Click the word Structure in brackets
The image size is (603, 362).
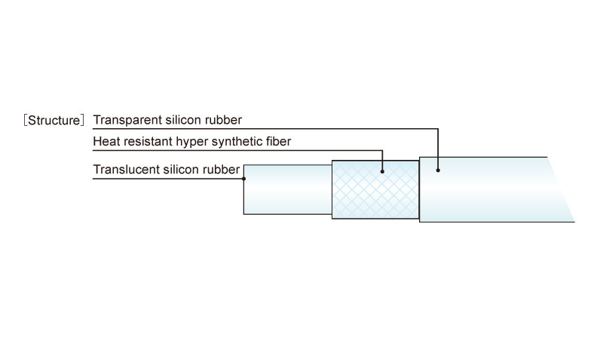click(x=54, y=121)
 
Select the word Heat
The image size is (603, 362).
click(x=105, y=141)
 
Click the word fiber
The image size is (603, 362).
click(x=278, y=141)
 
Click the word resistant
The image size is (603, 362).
click(x=146, y=141)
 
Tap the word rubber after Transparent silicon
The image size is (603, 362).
click(x=223, y=120)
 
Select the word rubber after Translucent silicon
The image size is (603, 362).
click(x=222, y=169)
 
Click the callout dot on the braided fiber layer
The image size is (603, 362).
click(x=382, y=171)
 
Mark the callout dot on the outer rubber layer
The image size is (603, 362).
click(x=438, y=170)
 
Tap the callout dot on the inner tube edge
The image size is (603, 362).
click(x=243, y=179)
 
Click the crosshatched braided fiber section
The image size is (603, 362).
click(x=375, y=189)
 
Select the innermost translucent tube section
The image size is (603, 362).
click(x=288, y=189)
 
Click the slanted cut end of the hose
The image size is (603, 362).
click(x=561, y=189)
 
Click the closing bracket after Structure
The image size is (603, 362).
click(x=82, y=121)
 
